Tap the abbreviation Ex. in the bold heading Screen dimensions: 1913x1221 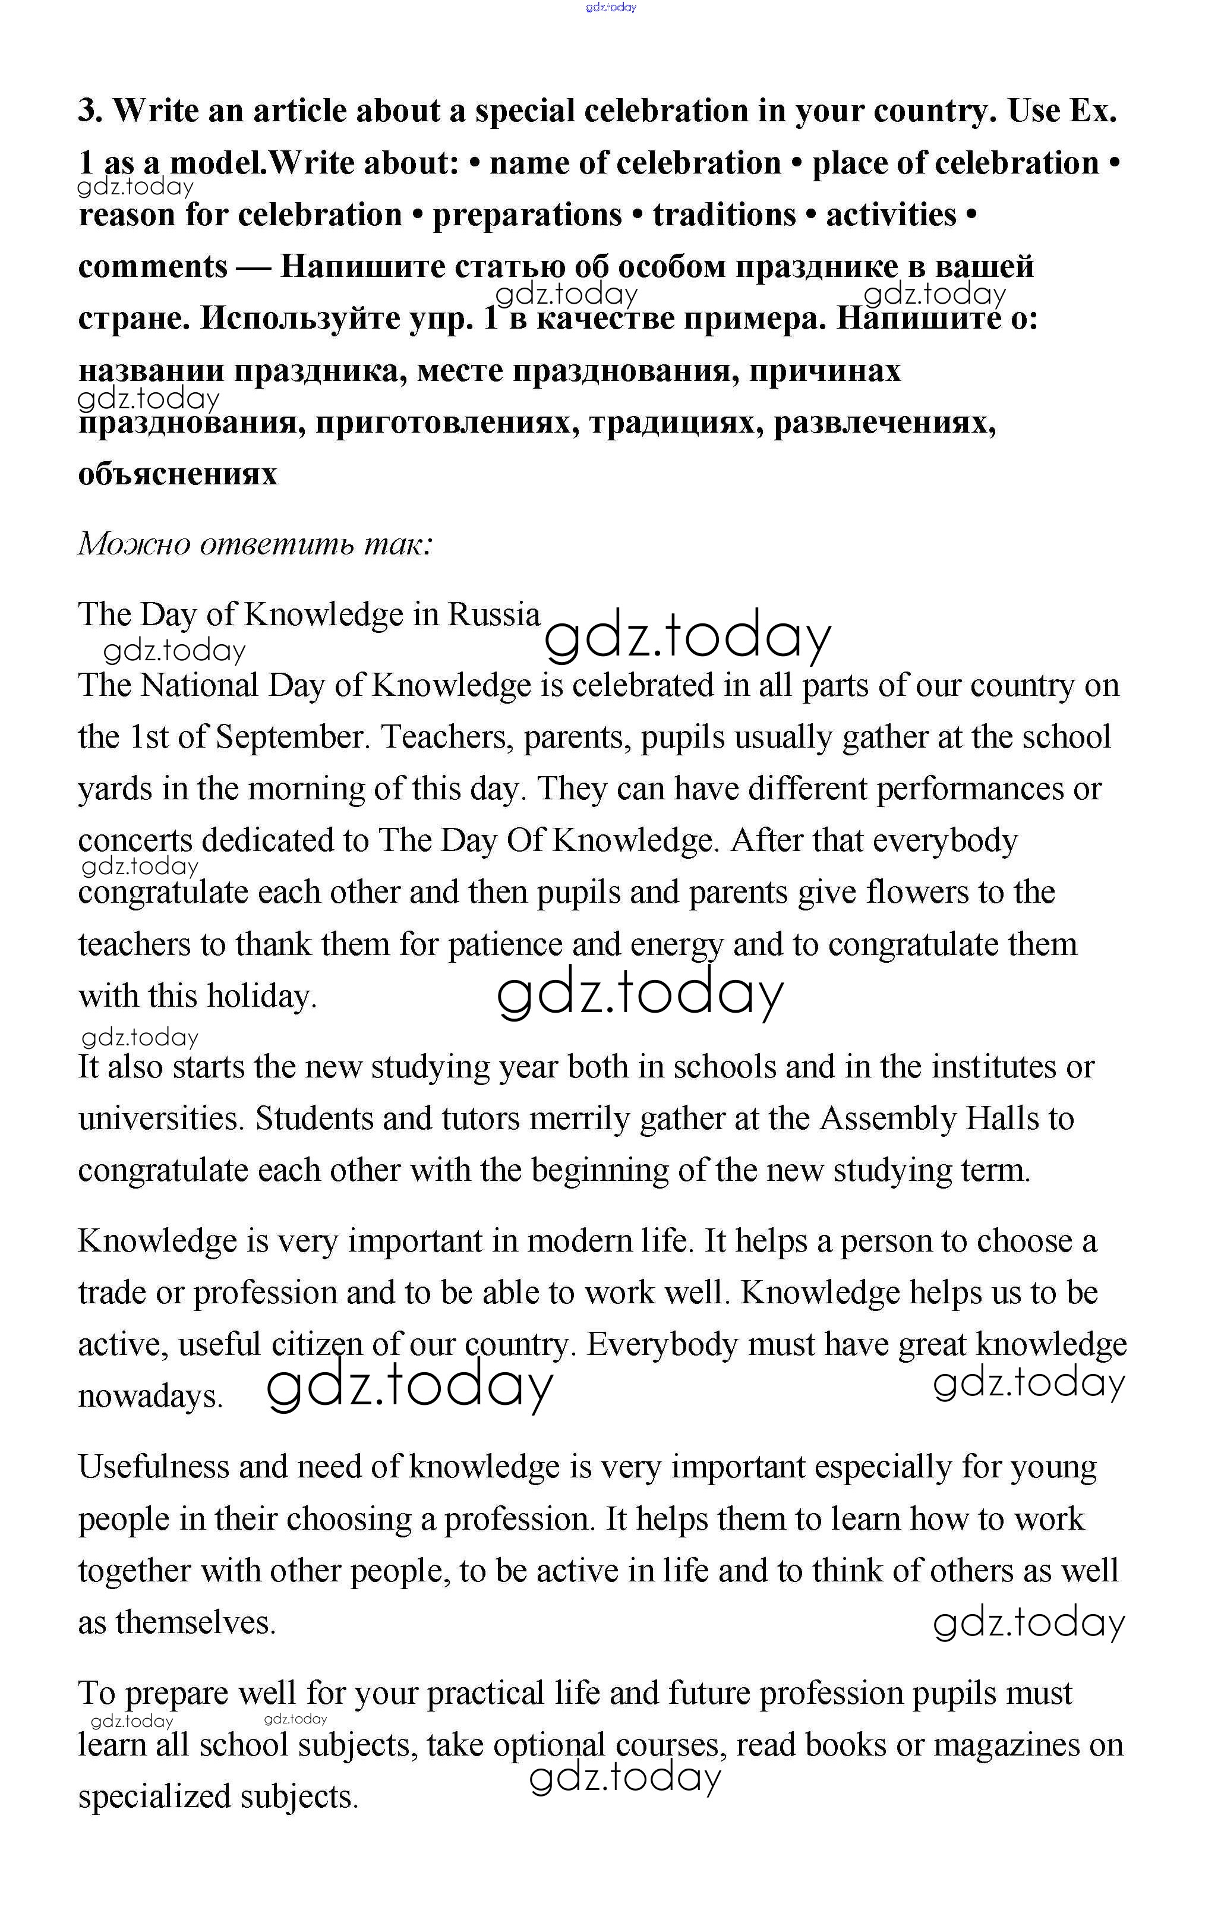pos(1093,111)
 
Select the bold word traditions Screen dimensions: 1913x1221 pos(724,215)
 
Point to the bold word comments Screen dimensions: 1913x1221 pos(153,266)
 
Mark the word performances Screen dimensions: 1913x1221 pos(969,789)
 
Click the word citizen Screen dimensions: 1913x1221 pos(317,1344)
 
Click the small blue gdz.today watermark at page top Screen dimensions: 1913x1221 pos(611,8)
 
